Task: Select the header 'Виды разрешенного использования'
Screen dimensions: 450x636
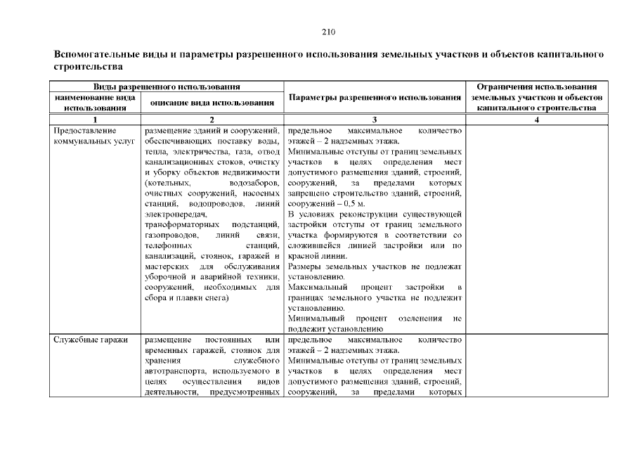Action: coord(166,86)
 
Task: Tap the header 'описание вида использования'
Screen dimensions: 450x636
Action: coord(212,103)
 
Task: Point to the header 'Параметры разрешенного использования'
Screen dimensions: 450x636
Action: coord(375,97)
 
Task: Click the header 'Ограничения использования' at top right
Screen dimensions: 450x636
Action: coord(537,86)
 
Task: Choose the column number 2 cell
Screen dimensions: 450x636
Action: coord(212,120)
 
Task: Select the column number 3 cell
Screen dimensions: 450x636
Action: coord(375,120)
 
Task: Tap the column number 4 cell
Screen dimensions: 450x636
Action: coord(537,120)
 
